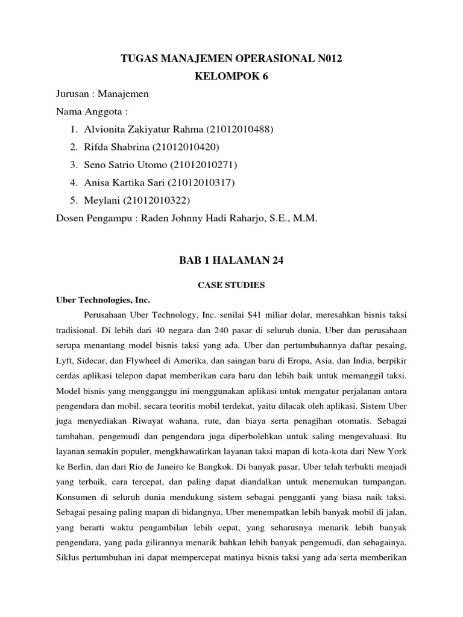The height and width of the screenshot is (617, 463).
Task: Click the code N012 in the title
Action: [333, 58]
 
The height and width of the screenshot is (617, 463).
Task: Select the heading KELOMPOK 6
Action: [231, 77]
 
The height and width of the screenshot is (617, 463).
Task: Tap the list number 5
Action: [72, 200]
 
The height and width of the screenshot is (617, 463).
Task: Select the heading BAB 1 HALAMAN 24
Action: [231, 261]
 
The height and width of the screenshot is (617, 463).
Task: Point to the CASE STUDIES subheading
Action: [231, 285]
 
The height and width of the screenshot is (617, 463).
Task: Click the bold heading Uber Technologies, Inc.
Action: [102, 299]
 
